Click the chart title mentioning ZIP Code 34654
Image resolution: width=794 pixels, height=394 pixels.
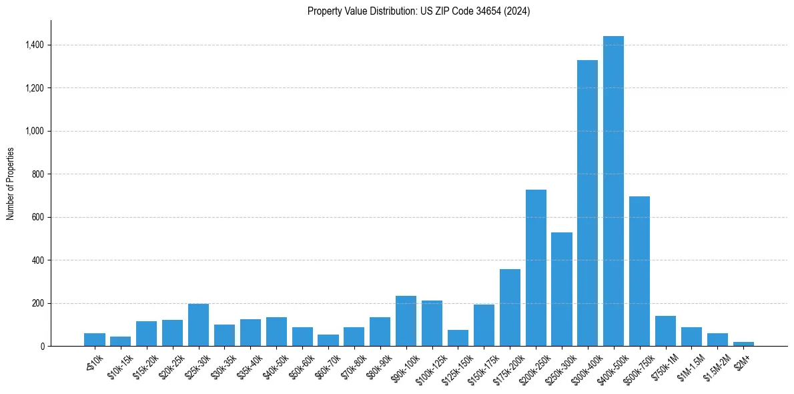[418, 11]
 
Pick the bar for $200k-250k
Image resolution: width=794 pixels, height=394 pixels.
[536, 268]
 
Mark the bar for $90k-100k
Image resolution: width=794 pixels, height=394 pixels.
[406, 321]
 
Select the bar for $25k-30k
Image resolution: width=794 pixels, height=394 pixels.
[198, 325]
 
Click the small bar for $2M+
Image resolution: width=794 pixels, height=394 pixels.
[743, 344]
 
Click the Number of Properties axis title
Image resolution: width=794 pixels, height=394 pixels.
[11, 184]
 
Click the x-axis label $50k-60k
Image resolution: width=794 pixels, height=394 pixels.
[298, 367]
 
